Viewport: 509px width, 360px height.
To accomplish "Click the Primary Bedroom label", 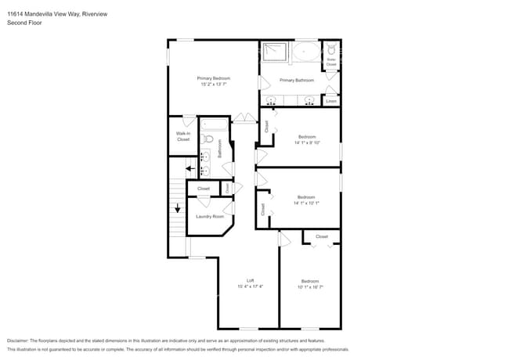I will click(x=213, y=78).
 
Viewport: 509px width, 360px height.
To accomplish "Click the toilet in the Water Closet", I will click(x=331, y=48).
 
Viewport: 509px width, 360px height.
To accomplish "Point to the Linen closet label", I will click(x=331, y=101).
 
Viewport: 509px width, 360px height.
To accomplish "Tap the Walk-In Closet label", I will click(x=183, y=136).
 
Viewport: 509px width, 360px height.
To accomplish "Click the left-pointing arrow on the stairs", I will click(x=190, y=167).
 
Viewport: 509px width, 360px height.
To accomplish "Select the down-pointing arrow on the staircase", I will click(x=178, y=208).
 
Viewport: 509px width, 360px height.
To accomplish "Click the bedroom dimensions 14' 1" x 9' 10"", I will click(x=308, y=142).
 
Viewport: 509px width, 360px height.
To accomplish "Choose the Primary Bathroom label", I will click(x=297, y=80).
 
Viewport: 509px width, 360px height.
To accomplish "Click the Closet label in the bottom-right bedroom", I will click(x=322, y=236).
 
